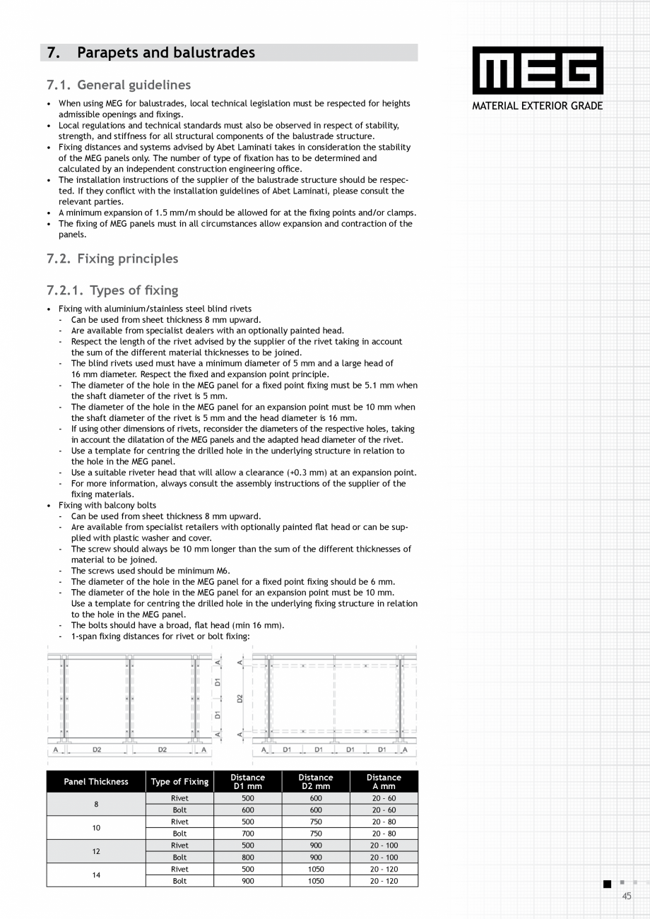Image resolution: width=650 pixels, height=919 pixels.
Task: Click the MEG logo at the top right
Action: tap(538, 71)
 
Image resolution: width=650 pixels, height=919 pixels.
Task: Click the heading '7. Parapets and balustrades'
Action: tap(150, 53)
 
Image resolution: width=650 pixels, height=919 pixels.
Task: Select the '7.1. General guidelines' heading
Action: tap(119, 85)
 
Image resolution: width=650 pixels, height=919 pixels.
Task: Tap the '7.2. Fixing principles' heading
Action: tap(112, 259)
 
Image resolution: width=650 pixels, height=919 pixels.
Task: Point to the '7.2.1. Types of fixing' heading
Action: tap(112, 290)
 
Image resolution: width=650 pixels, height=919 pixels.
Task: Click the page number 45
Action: tap(627, 896)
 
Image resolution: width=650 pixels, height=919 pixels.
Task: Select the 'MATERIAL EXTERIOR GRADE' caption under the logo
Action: tap(538, 107)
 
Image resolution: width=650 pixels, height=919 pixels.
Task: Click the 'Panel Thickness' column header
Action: tap(96, 781)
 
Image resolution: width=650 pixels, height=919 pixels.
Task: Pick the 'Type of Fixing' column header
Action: tap(179, 781)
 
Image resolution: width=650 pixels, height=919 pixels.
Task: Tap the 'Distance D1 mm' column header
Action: tap(247, 781)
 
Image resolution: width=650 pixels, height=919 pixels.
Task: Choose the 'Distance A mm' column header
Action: tap(384, 781)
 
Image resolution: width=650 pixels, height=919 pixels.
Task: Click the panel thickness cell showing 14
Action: tap(96, 875)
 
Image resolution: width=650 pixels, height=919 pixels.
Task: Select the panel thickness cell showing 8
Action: tap(96, 804)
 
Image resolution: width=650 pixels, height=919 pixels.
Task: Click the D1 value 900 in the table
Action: tap(247, 881)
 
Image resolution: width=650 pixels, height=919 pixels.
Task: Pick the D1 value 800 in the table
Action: tap(247, 858)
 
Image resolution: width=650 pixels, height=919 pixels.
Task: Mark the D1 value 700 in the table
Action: tap(247, 834)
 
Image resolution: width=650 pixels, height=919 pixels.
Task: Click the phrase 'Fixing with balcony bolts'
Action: tap(107, 505)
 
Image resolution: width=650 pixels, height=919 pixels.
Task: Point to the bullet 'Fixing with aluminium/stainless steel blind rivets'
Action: tap(155, 309)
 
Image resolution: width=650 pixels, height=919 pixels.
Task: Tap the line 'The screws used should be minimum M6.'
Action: tap(150, 571)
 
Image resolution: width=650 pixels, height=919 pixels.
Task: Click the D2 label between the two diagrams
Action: tap(240, 699)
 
